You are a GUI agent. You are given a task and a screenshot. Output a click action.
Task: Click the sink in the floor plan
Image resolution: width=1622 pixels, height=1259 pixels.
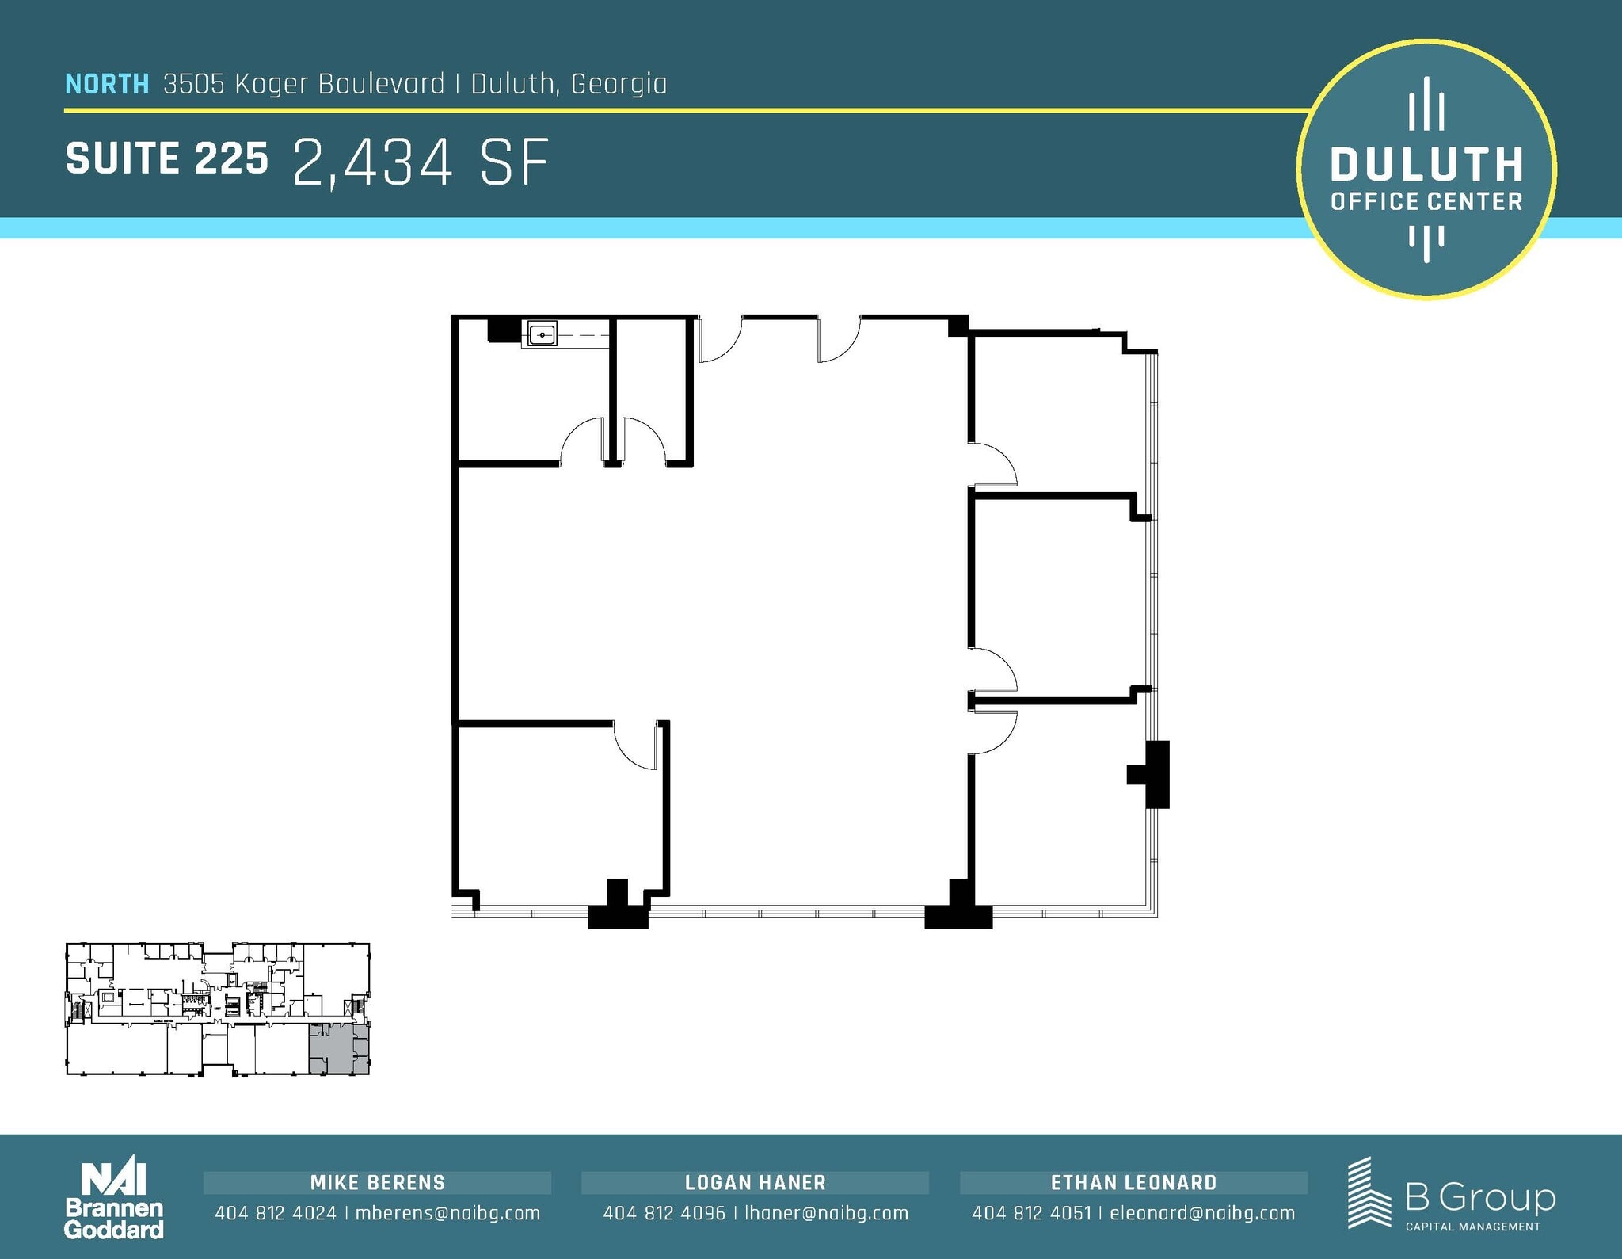(x=543, y=334)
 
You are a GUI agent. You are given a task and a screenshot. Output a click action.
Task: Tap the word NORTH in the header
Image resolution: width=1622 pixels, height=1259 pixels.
(x=107, y=84)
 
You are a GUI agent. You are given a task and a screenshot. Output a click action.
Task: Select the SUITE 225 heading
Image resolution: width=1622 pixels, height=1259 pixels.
(x=167, y=158)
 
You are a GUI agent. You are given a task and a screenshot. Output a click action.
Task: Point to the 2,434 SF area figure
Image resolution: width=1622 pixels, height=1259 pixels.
(x=421, y=163)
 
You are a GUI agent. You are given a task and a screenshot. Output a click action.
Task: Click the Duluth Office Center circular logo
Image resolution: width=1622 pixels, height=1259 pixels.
(x=1426, y=170)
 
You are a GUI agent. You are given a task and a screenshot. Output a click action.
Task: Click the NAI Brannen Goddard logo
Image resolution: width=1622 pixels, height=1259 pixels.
(x=114, y=1200)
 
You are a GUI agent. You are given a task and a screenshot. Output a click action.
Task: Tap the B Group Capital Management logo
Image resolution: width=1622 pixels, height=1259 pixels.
(x=1451, y=1195)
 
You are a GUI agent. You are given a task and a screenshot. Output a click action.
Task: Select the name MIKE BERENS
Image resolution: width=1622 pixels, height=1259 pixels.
(x=378, y=1183)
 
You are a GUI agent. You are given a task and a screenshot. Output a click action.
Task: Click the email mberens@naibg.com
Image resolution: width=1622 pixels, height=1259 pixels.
(x=447, y=1213)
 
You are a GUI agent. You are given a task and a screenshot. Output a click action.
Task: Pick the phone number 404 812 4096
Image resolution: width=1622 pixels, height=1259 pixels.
(x=664, y=1213)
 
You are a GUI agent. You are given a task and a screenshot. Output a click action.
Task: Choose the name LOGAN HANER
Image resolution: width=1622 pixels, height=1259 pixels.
(x=756, y=1183)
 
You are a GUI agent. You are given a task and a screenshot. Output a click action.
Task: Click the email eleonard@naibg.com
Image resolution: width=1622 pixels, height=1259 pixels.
(x=1202, y=1213)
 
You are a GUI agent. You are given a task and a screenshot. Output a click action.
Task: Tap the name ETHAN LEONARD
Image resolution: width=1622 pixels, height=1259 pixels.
(x=1133, y=1183)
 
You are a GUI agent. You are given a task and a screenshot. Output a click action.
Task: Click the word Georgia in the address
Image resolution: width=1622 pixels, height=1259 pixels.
(x=619, y=84)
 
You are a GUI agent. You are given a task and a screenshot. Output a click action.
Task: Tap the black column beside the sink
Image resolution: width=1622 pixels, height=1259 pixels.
(x=502, y=329)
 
